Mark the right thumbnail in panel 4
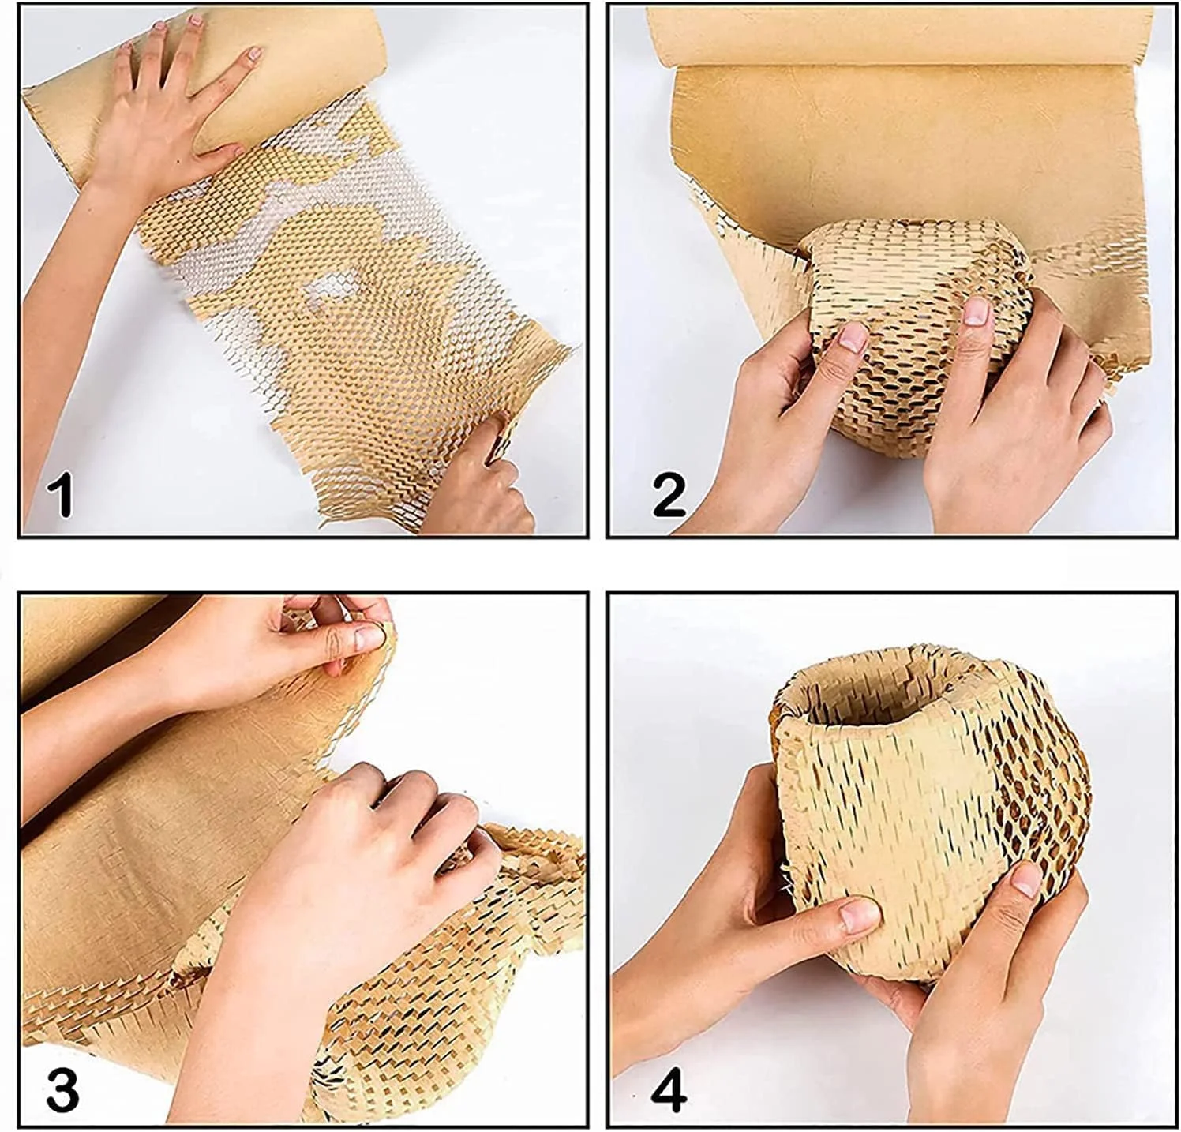click(x=1025, y=879)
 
